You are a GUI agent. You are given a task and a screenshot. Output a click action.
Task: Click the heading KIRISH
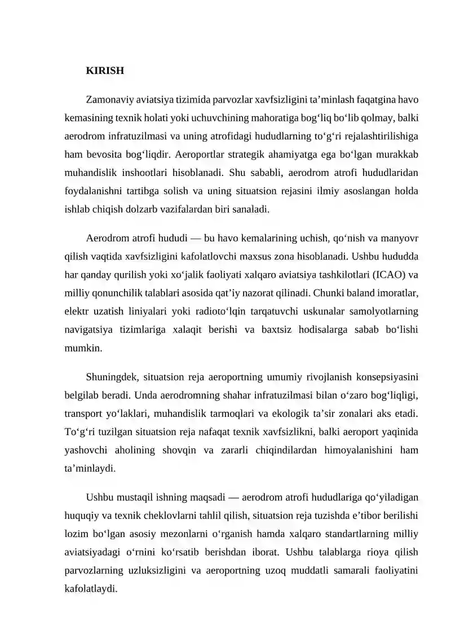click(x=105, y=72)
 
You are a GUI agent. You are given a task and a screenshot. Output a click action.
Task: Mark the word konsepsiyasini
click(x=386, y=377)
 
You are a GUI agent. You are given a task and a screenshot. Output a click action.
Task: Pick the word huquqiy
click(x=82, y=515)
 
